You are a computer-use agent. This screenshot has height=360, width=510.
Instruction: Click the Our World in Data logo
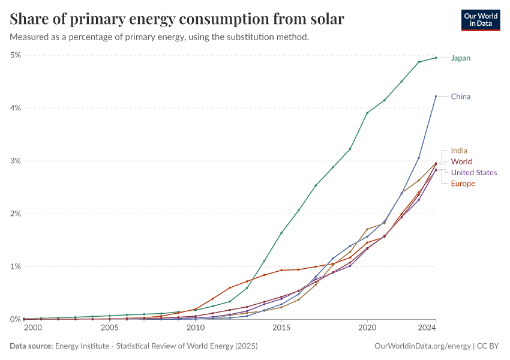coord(480,20)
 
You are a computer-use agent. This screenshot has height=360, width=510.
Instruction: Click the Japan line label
coord(461,58)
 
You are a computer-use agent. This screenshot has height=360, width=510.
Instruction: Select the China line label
coord(461,97)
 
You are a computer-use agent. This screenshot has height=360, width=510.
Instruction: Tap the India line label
coord(459,151)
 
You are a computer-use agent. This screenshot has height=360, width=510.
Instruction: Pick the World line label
coord(461,161)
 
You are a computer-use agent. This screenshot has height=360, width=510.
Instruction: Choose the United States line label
coord(474,173)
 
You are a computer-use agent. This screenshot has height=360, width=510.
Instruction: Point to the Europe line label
coord(463,184)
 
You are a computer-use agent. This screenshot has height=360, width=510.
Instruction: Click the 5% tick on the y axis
coord(16,55)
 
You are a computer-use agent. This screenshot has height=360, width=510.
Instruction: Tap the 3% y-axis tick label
coord(16,161)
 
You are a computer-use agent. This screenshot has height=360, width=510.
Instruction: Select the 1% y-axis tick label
coord(16,266)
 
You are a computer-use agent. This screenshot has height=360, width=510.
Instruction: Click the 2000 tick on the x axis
coord(32,328)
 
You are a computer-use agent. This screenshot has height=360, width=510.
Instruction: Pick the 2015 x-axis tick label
coord(281,328)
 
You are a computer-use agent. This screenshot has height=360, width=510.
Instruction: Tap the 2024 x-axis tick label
coord(427,328)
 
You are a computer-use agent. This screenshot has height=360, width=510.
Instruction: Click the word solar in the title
coord(325,19)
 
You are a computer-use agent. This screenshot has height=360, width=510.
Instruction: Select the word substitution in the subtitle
coord(234,37)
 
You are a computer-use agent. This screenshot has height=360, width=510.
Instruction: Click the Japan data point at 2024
coord(436,58)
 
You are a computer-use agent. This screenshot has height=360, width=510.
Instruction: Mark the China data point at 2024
coord(436,96)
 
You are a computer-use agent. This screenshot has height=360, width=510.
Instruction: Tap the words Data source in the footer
coord(31,346)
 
